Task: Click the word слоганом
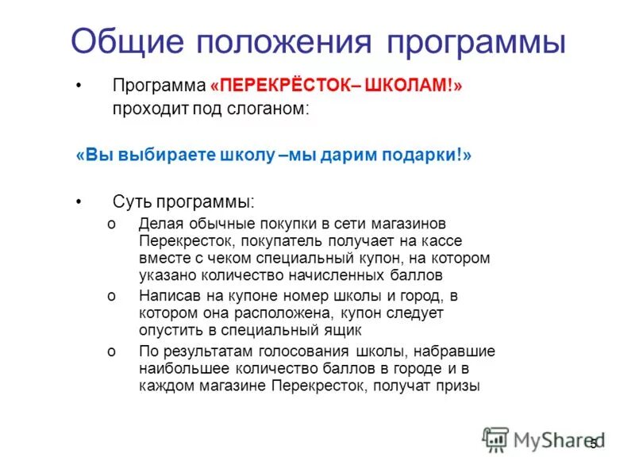click(267, 109)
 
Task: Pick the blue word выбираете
click(164, 155)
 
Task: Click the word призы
click(459, 386)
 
